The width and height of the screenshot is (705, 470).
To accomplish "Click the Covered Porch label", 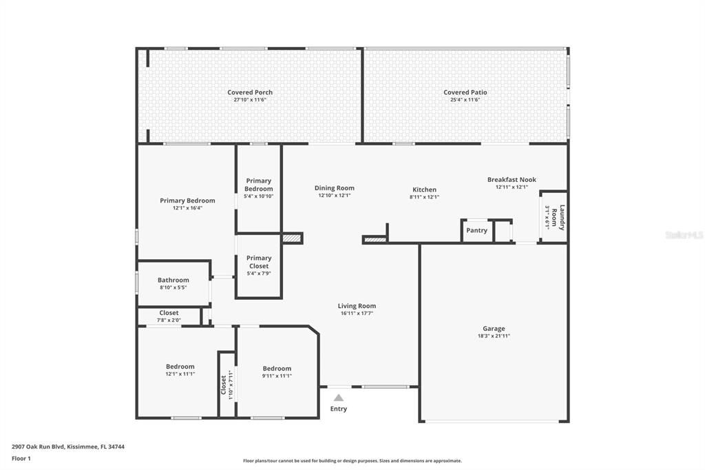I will coord(250,92).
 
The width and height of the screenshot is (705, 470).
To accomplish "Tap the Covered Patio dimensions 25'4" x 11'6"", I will coord(465,100).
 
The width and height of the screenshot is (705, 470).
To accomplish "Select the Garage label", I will coord(493,329).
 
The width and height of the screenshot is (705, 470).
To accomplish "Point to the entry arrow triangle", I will coord(338,398).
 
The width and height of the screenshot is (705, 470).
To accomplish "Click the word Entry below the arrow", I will coord(338,409).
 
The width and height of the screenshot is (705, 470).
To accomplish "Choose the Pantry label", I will coord(476,230).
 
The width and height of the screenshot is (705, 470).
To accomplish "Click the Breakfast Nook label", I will coord(512,180).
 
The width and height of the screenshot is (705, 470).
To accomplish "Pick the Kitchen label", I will coord(424,190).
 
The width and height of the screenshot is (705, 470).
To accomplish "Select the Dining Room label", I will coord(335,187).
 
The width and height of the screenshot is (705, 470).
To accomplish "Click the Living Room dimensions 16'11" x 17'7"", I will coord(357,314).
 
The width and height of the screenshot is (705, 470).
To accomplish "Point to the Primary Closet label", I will coord(259,262).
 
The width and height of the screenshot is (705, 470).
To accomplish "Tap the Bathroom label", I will coord(173,280).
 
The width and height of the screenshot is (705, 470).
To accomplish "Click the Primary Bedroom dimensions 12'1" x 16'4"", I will coord(187,208).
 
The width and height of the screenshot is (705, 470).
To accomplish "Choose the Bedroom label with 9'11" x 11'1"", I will coord(277,368).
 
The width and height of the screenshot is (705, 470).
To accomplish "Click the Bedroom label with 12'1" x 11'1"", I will coord(180,367).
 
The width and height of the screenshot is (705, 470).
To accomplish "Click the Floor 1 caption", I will coord(21,458).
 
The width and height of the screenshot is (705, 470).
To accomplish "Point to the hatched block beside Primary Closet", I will coord(293,238).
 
